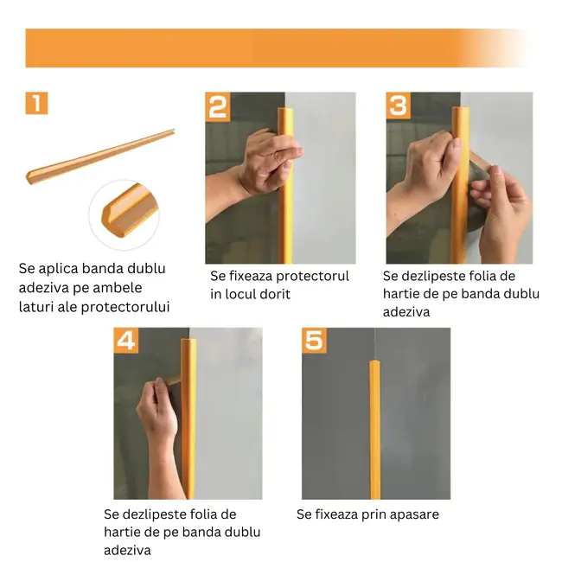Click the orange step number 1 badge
pos(36,104)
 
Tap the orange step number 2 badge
pos(218,106)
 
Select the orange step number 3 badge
pos(398,105)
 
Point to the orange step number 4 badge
pos(125,340)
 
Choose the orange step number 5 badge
pos(314,340)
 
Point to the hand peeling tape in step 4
pos(156,415)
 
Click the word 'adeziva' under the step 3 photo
pos(406,311)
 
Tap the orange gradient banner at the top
pos(277,48)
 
